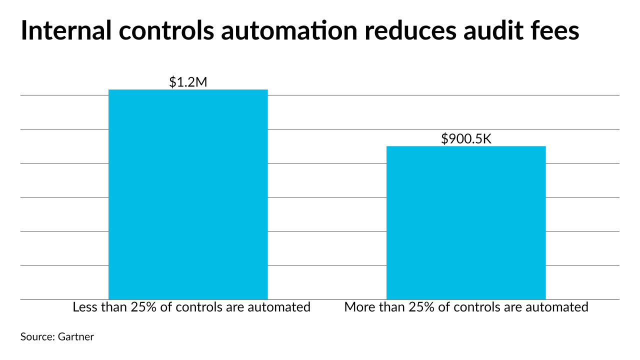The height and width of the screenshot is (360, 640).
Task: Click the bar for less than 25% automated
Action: pos(188,194)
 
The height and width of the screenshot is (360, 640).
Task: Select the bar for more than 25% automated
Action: pos(466,222)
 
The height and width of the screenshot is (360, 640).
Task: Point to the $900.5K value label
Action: pos(466,139)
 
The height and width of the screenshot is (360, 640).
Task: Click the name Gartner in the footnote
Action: pos(75,337)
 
